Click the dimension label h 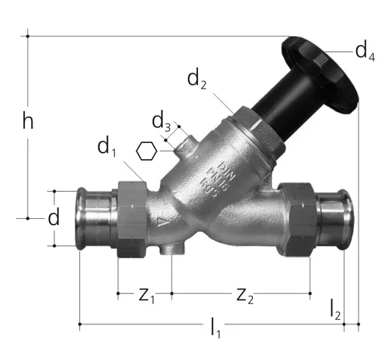(28, 121)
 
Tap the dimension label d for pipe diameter (54, 216)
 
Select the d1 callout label (106, 147)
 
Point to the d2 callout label (196, 79)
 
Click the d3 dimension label (161, 121)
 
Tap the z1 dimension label (147, 296)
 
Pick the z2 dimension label (244, 296)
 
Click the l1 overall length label (215, 328)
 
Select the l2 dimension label (335, 310)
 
